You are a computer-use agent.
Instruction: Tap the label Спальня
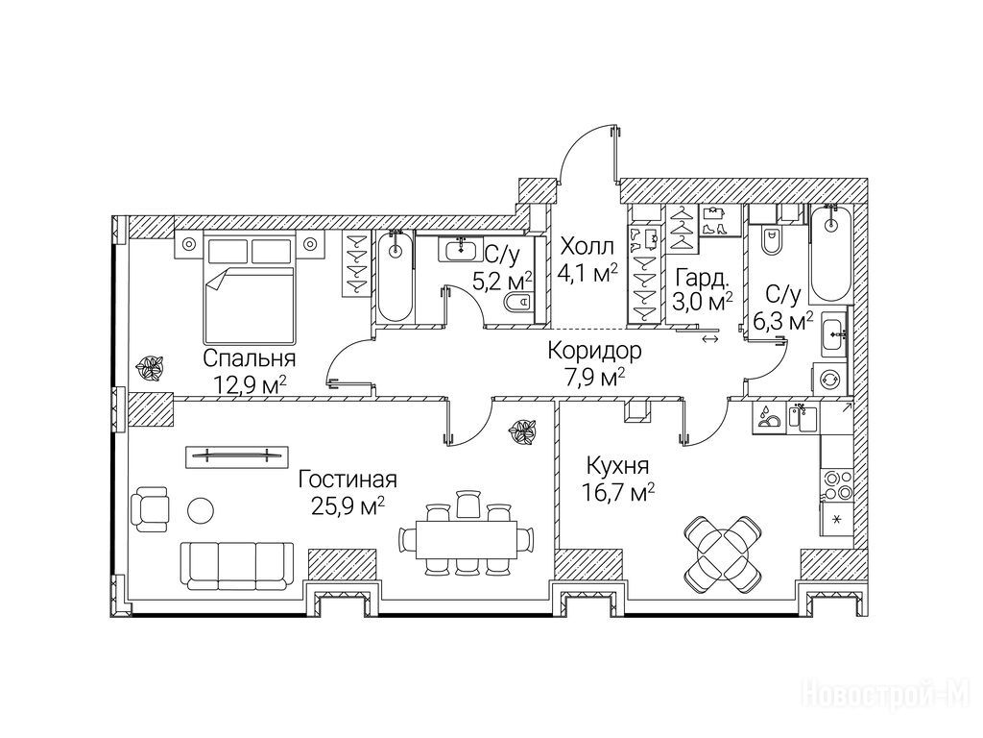click(250, 359)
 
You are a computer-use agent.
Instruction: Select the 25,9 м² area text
click(348, 505)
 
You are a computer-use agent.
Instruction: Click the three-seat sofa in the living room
click(237, 565)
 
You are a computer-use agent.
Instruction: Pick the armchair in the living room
click(150, 505)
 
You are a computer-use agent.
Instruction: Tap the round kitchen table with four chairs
click(724, 553)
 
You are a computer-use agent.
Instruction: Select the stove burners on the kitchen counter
click(835, 485)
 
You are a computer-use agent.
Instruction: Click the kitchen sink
click(803, 418)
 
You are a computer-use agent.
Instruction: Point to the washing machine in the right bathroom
click(831, 379)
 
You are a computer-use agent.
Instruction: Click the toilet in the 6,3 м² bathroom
click(769, 238)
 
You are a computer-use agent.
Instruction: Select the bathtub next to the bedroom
click(396, 277)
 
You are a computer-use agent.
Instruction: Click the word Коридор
click(594, 350)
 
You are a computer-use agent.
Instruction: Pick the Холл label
click(587, 246)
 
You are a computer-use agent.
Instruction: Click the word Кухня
click(617, 466)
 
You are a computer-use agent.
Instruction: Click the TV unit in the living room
click(237, 455)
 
